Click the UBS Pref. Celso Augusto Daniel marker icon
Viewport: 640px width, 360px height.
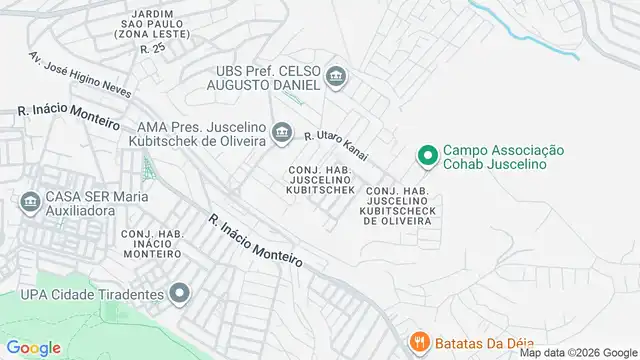tap(337, 76)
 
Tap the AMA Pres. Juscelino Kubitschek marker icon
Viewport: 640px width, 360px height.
tap(283, 132)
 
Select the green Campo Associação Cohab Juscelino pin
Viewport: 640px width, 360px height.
tap(426, 156)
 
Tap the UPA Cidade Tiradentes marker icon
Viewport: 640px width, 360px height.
tap(179, 294)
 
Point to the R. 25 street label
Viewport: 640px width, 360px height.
tap(152, 49)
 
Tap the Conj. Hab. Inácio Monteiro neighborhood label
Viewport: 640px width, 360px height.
tap(151, 244)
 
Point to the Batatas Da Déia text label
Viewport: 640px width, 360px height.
tap(484, 340)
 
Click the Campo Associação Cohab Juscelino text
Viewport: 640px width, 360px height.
tap(504, 157)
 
